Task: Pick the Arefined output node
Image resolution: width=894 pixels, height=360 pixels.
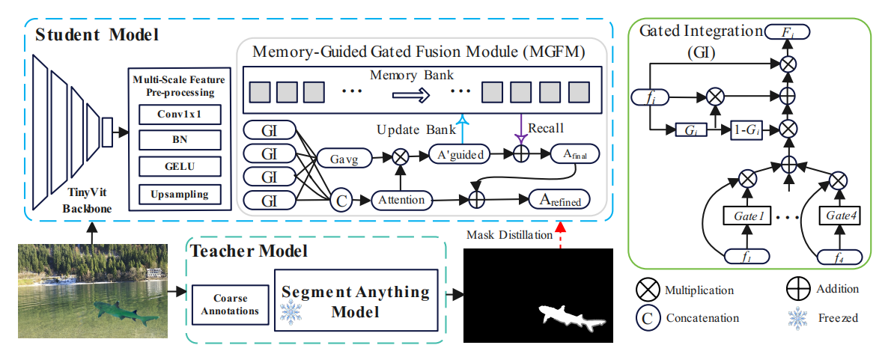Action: click(x=559, y=200)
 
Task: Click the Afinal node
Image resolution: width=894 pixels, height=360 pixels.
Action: click(x=573, y=153)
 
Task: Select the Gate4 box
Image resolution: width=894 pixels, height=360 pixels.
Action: click(x=839, y=216)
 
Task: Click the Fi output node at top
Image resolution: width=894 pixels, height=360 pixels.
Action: click(x=787, y=32)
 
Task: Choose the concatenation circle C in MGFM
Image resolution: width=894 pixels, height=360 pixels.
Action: click(x=341, y=200)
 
